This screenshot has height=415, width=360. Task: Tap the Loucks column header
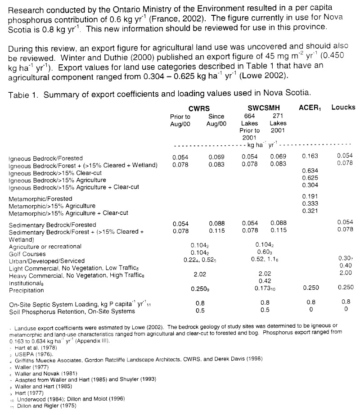point(343,107)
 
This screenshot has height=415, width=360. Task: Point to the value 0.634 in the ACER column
point(310,171)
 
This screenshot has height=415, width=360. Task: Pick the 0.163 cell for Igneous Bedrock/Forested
point(310,156)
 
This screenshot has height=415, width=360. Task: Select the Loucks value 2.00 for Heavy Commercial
point(346,273)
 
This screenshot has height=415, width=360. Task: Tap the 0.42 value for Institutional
point(264,280)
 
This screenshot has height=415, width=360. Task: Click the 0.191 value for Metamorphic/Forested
point(310,196)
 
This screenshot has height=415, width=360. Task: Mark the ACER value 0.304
point(310,185)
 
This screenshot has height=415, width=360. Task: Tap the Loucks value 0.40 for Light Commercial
point(346,266)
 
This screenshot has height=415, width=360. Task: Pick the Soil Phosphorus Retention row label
point(72,311)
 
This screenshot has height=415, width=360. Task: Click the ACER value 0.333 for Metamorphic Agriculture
point(310,203)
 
